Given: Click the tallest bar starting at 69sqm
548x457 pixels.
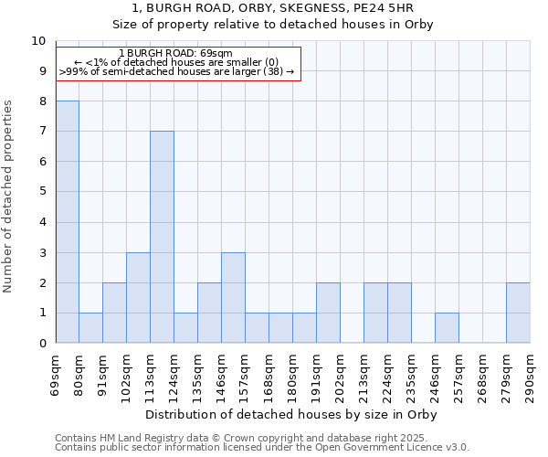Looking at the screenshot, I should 68,222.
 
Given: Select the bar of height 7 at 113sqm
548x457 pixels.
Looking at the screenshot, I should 162,237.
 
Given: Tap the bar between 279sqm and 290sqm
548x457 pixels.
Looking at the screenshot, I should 518,313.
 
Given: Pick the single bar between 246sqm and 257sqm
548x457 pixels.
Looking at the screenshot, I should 447,328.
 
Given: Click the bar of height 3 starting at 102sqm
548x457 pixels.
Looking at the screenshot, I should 138,298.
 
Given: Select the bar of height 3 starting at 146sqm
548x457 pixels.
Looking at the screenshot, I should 233,298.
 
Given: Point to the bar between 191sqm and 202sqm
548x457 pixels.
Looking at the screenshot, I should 328,313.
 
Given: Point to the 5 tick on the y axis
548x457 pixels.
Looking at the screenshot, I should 42,192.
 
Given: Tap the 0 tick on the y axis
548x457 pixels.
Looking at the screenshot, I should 42,344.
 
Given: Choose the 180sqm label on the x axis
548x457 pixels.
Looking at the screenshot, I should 293,375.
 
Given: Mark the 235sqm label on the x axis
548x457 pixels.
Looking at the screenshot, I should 411,375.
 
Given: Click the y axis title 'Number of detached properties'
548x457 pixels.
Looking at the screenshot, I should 9,196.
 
